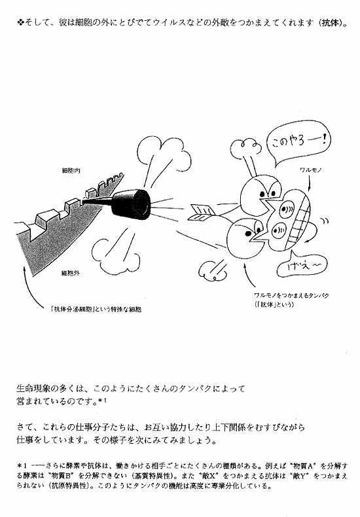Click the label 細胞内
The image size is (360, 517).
(x=71, y=170)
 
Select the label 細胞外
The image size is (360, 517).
(x=71, y=273)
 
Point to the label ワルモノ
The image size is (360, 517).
(x=310, y=169)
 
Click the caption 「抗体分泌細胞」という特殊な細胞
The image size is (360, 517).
(x=96, y=310)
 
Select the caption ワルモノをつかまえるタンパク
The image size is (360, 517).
(x=291, y=295)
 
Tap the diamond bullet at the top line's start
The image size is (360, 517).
(x=20, y=23)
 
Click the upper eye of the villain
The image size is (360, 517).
(x=286, y=209)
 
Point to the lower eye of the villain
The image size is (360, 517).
(x=279, y=228)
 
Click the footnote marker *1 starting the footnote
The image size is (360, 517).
(x=22, y=466)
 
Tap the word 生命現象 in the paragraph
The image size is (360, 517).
(x=32, y=389)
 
